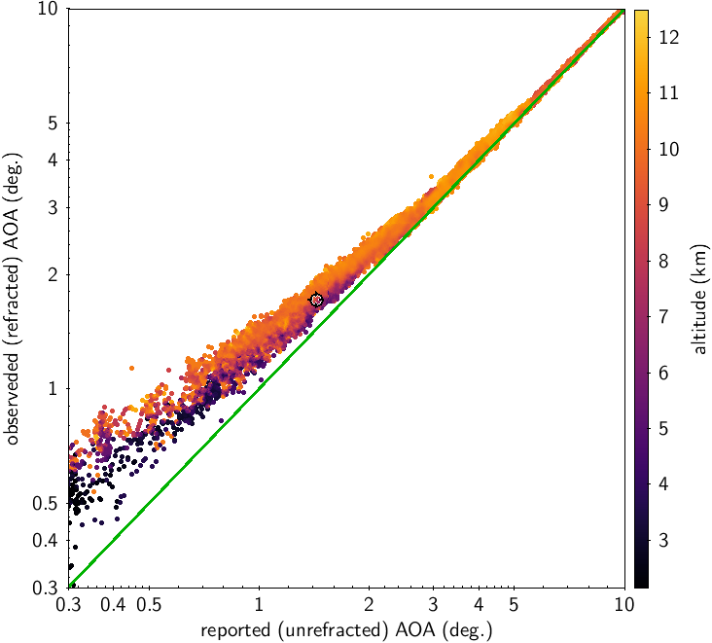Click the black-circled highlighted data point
click(x=316, y=300)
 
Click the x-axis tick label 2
click(x=369, y=604)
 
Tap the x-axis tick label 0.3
click(x=68, y=604)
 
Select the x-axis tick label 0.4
click(x=114, y=604)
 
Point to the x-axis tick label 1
click(x=259, y=604)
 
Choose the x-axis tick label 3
click(x=433, y=604)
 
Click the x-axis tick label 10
click(x=624, y=604)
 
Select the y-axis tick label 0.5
click(x=46, y=504)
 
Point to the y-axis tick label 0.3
click(x=46, y=589)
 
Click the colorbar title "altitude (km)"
click(x=697, y=298)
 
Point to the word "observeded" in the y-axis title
click(x=14, y=399)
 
